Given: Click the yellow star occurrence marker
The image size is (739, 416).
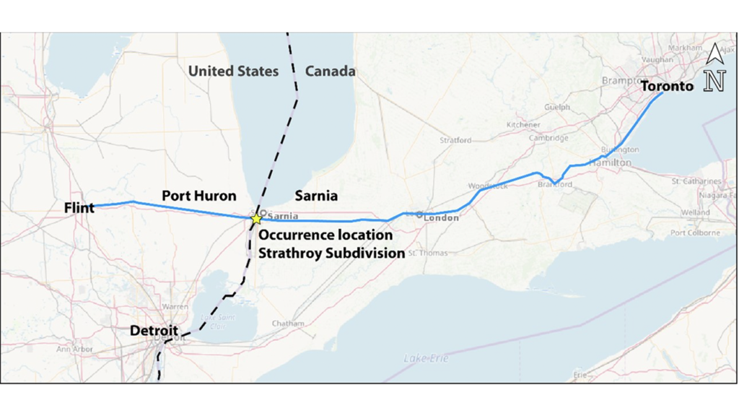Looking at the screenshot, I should (256, 218).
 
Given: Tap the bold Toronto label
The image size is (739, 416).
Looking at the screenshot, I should (667, 86).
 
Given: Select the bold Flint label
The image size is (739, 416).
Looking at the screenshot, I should (79, 208).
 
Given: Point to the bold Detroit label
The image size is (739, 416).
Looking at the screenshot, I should (154, 331).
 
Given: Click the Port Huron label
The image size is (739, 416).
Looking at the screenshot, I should (198, 196).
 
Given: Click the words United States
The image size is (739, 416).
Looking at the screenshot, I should (233, 71).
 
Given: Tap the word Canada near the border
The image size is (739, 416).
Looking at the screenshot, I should (330, 71).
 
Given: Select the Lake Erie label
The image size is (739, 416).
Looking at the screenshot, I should (426, 358).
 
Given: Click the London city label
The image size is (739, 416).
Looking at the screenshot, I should (441, 217).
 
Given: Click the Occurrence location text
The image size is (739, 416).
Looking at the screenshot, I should (325, 235).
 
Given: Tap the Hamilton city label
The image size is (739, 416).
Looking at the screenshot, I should (610, 163).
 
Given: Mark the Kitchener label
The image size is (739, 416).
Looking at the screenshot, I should (522, 125).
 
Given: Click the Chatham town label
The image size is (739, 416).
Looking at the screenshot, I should (288, 324).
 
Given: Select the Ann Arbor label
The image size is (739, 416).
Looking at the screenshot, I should (74, 349).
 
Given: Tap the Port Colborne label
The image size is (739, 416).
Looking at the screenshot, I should (694, 233).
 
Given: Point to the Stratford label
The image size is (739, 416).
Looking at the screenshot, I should (456, 140).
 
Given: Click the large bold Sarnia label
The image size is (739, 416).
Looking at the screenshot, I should (316, 196).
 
